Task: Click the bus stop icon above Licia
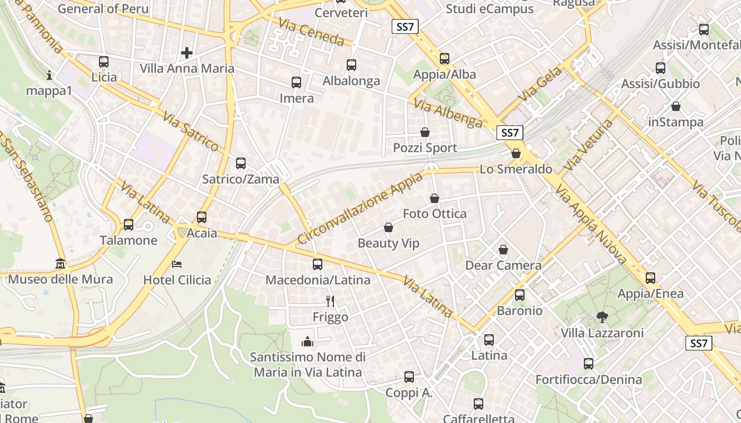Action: click(x=104, y=62)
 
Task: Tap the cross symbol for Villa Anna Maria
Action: click(x=186, y=53)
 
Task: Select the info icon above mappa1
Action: click(x=49, y=75)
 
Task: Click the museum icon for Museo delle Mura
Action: click(x=60, y=263)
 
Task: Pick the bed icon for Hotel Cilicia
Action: click(x=177, y=264)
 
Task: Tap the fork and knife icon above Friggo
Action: click(x=330, y=301)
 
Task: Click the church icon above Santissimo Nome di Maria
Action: click(x=308, y=342)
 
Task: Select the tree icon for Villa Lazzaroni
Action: click(x=602, y=317)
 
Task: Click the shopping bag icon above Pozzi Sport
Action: click(x=424, y=132)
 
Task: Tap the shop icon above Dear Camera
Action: click(x=503, y=250)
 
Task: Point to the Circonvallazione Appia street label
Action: click(x=360, y=208)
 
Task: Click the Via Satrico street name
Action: click(x=191, y=131)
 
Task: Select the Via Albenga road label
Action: click(x=448, y=113)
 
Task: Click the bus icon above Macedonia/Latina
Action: click(x=318, y=264)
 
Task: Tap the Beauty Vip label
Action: click(x=388, y=243)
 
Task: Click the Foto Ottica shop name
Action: click(x=435, y=214)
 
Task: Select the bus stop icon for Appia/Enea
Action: click(x=650, y=278)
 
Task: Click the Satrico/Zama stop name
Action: click(x=241, y=179)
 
